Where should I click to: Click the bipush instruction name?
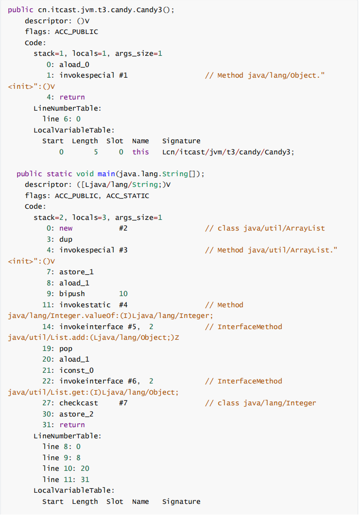tap(72, 294)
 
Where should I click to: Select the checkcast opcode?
tap(78, 403)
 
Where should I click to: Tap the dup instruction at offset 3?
tap(66, 239)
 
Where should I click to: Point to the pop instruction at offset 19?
tap(66, 349)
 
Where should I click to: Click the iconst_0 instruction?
tap(76, 370)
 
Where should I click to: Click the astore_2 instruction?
tap(76, 414)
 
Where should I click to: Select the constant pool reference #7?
tap(123, 403)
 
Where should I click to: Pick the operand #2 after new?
tap(123, 228)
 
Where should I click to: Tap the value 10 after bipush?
tap(123, 294)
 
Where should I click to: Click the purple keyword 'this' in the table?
tap(140, 152)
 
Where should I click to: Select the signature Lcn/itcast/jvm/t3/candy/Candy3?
tap(228, 152)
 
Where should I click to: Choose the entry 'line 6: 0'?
tap(61, 119)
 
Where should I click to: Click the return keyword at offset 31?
tap(72, 425)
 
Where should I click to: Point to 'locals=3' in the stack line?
tap(89, 217)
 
